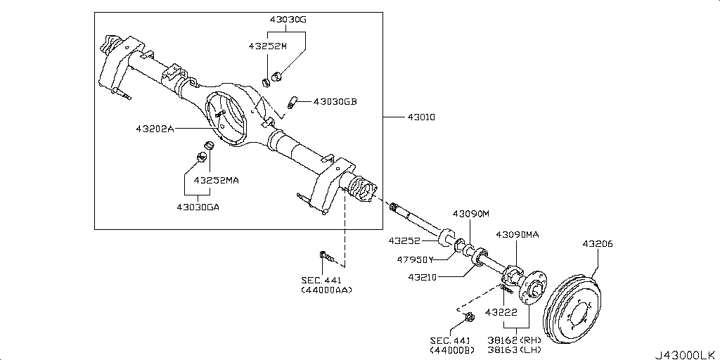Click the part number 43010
point(420,117)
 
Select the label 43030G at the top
point(288,20)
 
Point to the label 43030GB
point(335,101)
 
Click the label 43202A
point(155,129)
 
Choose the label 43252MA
point(217,180)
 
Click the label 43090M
point(470,213)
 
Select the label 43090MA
point(517,234)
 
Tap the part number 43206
point(597,244)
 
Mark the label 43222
point(501,311)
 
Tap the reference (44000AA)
point(326,289)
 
